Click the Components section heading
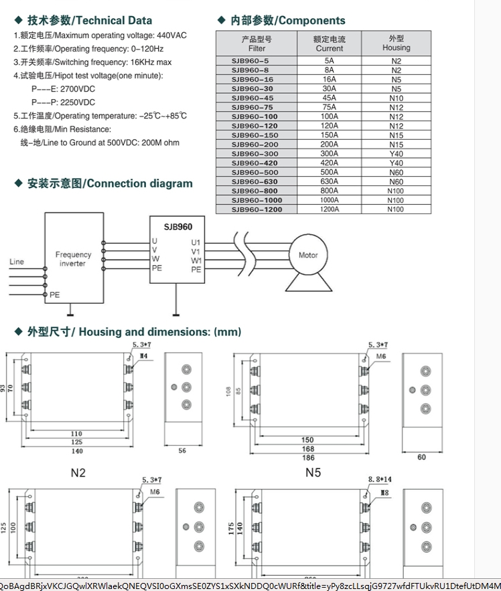287,21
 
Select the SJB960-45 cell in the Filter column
252,98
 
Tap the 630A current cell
329,181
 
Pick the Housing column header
396,44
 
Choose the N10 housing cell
396,98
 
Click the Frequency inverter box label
73,259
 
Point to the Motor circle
307,255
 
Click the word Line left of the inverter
17,262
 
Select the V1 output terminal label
196,252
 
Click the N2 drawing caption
78,473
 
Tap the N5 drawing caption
313,473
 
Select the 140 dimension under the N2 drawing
77,451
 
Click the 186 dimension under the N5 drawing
307,458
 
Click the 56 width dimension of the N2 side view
182,451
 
